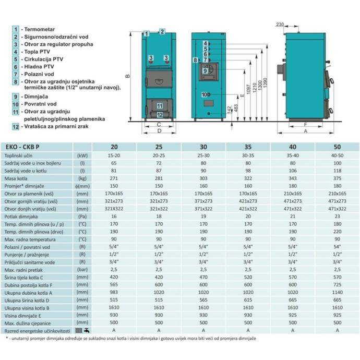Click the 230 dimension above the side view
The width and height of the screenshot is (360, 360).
280,25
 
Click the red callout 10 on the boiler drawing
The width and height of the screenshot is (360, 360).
205,94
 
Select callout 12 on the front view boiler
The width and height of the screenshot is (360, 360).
160,114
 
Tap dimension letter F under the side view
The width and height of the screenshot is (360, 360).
305,125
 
